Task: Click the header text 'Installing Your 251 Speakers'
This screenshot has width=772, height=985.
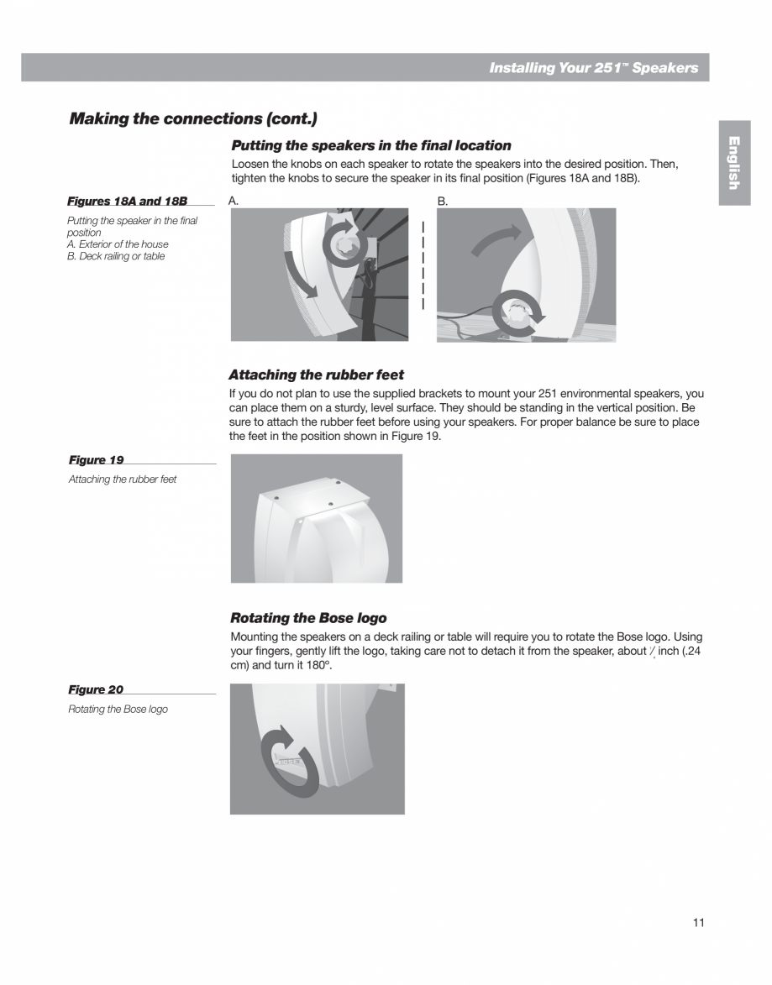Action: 593,68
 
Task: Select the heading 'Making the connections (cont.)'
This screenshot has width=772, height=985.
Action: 193,118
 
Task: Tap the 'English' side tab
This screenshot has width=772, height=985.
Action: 733,162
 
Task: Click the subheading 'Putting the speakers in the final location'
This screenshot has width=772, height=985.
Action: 370,145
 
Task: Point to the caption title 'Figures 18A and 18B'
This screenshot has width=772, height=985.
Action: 127,202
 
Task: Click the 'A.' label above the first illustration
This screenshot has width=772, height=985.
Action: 234,202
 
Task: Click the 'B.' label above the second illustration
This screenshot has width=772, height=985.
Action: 443,202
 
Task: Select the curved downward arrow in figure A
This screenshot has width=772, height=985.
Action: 300,273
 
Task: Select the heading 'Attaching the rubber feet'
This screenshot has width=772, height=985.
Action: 316,375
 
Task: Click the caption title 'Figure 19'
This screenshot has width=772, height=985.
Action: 96,460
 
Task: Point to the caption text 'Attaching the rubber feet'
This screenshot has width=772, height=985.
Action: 123,479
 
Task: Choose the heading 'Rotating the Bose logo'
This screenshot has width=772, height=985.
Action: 308,618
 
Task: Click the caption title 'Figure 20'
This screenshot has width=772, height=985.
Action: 96,689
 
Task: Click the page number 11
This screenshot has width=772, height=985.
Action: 698,923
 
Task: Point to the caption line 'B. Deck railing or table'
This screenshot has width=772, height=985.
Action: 116,256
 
